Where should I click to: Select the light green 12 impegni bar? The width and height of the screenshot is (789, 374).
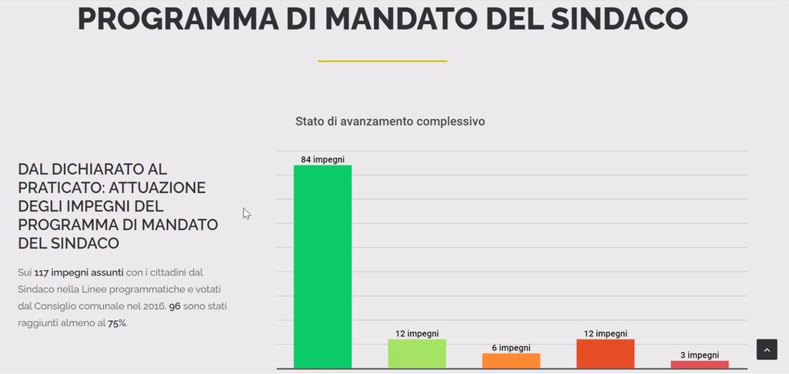(417, 353)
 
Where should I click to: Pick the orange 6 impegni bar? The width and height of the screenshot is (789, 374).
(511, 360)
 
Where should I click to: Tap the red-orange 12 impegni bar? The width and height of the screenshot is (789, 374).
(605, 353)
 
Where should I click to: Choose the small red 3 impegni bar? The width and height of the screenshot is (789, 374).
(699, 364)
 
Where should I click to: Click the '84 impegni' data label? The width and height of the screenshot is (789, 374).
(322, 159)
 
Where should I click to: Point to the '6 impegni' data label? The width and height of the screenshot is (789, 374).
(511, 348)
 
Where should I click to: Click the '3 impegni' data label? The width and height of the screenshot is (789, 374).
(699, 355)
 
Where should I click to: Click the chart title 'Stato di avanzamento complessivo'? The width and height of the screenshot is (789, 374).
(390, 122)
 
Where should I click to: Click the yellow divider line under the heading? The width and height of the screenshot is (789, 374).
(382, 61)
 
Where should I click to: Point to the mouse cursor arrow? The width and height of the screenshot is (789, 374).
(246, 212)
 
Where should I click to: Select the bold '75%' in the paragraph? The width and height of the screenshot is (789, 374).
(117, 324)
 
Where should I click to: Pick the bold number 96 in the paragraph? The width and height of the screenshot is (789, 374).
(175, 307)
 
